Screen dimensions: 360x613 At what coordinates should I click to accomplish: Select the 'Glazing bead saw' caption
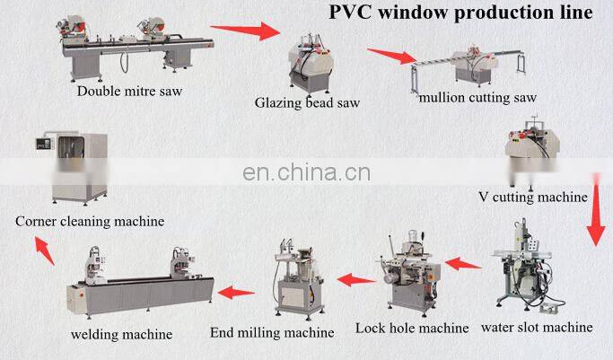point(308,102)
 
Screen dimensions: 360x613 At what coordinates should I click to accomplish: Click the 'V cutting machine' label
point(533,197)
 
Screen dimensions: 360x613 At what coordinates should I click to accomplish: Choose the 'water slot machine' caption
point(537,327)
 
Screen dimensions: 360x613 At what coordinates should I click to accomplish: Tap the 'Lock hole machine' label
point(411,328)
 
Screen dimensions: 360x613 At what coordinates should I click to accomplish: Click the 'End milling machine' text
point(272,332)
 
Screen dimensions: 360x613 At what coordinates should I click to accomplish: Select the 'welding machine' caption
point(122,335)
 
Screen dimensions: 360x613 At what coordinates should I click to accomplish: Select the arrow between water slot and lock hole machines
point(463,263)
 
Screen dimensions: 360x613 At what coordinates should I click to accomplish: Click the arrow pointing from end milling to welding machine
point(238,291)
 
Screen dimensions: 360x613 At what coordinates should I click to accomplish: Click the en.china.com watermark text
point(307,171)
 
